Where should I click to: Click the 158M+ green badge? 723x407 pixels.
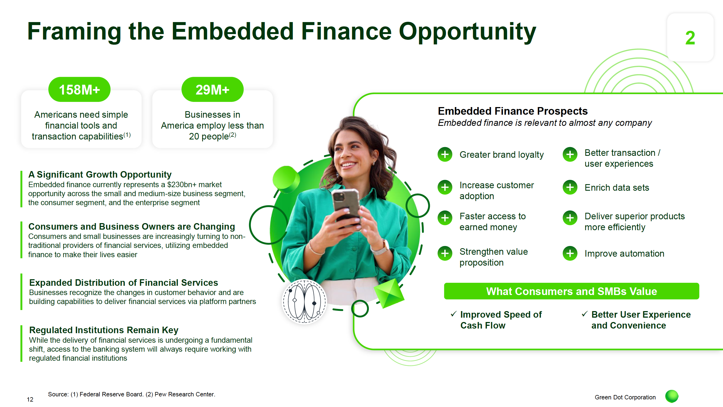[80, 90]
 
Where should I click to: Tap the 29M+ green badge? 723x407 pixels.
[212, 90]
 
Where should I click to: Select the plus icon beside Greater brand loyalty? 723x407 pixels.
[445, 154]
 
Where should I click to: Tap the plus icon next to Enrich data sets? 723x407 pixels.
[570, 187]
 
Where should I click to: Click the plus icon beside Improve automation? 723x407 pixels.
[570, 253]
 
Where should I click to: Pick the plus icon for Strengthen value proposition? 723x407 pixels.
[445, 253]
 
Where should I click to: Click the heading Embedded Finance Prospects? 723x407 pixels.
[513, 111]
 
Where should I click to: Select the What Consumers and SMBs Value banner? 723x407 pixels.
[572, 291]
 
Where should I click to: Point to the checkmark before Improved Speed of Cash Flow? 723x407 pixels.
[454, 314]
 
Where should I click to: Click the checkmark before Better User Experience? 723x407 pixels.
[585, 314]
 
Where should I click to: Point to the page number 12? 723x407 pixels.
[30, 399]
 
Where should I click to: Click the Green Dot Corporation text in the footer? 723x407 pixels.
[625, 397]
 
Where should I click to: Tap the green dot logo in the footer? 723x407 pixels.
[672, 397]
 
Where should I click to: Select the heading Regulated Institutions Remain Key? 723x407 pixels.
[104, 330]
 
